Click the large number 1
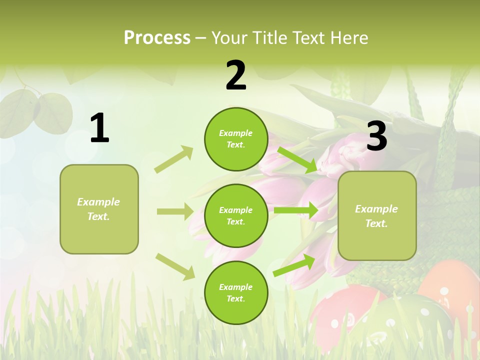99,128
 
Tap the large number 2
236,75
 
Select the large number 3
376,136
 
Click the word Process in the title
157,37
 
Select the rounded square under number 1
99,209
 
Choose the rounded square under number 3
377,215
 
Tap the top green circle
236,139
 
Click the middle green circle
236,215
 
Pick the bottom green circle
236,292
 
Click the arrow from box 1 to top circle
174,159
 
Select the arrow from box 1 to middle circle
175,211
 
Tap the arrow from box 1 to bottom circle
175,266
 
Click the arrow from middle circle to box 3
296,210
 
